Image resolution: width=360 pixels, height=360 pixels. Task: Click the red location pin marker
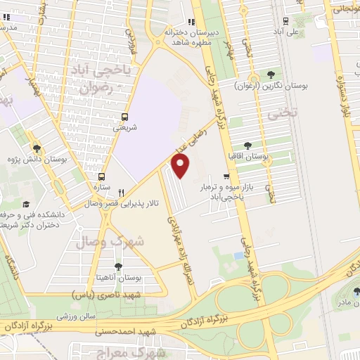tap(181, 167)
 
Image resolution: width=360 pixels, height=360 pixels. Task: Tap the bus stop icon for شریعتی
tap(124, 117)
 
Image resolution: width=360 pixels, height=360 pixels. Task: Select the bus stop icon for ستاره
tap(103, 176)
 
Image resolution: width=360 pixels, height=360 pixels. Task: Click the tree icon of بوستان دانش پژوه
tap(37, 147)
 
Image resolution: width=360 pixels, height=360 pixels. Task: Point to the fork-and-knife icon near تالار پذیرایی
tap(122, 192)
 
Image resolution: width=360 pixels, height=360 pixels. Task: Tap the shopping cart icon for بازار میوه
tap(225, 176)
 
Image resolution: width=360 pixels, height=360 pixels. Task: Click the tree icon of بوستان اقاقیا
tap(247, 145)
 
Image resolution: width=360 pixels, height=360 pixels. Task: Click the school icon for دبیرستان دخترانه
tap(192, 22)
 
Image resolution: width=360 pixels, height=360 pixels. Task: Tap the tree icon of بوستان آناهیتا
tap(117, 266)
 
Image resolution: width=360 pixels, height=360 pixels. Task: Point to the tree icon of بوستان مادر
tap(356, 291)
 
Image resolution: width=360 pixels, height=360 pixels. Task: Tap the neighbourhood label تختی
tap(286, 112)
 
